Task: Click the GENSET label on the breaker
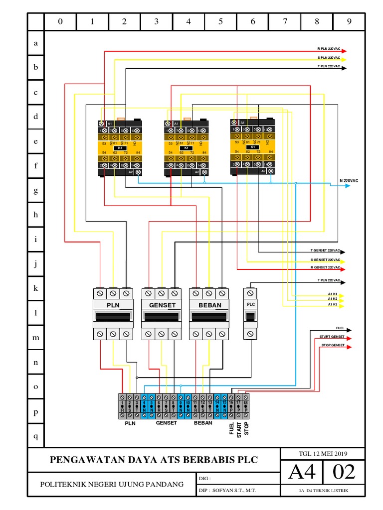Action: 162,305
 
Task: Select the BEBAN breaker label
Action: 209,305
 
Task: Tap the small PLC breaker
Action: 250,313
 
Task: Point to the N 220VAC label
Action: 349,181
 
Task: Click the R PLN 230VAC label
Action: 329,49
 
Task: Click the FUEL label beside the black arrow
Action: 340,329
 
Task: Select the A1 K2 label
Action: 333,299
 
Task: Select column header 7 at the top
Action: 285,22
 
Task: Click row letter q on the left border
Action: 35,436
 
